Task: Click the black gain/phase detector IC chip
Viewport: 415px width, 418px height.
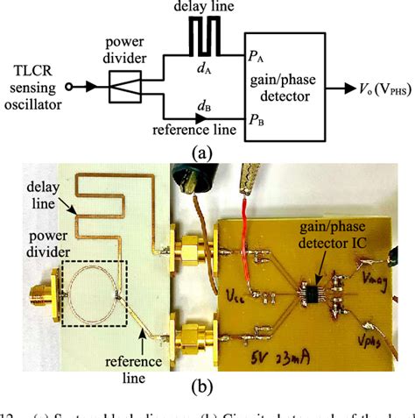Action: coord(312,287)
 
